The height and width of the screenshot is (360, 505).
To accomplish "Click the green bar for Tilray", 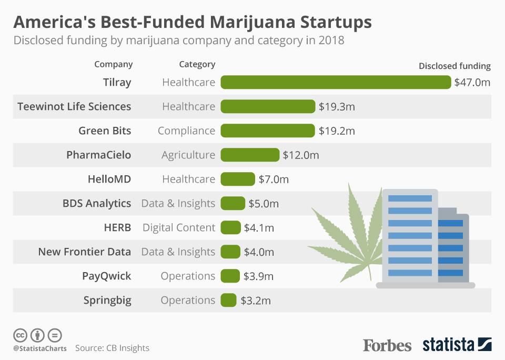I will [x=336, y=82].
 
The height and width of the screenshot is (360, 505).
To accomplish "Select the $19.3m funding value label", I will [x=337, y=107].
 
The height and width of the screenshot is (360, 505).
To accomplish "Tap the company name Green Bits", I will [x=105, y=131].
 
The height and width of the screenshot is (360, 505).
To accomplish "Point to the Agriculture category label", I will [x=188, y=155].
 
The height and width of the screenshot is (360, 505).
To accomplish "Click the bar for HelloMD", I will [x=237, y=179].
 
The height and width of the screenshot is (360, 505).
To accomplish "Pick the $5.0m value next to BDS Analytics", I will [x=264, y=204].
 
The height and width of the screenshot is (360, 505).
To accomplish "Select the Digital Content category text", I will [x=179, y=228].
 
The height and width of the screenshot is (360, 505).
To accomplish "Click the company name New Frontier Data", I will [x=84, y=252].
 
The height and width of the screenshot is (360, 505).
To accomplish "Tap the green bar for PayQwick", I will [x=230, y=276].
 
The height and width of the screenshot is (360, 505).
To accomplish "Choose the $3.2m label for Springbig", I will [x=256, y=301].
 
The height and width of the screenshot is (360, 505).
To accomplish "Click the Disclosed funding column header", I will [x=454, y=66].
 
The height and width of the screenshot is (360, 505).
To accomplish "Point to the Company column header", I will [x=113, y=64].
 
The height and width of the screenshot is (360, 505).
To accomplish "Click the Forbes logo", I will [x=387, y=345].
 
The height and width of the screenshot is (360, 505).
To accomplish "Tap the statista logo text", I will [x=448, y=345].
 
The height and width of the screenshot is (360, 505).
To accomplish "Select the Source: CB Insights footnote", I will [x=112, y=348].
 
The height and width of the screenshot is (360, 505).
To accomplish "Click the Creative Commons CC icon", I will [x=20, y=335].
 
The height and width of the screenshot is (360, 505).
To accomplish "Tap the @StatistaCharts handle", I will [x=39, y=348].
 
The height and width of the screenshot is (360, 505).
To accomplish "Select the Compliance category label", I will [x=186, y=131].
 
